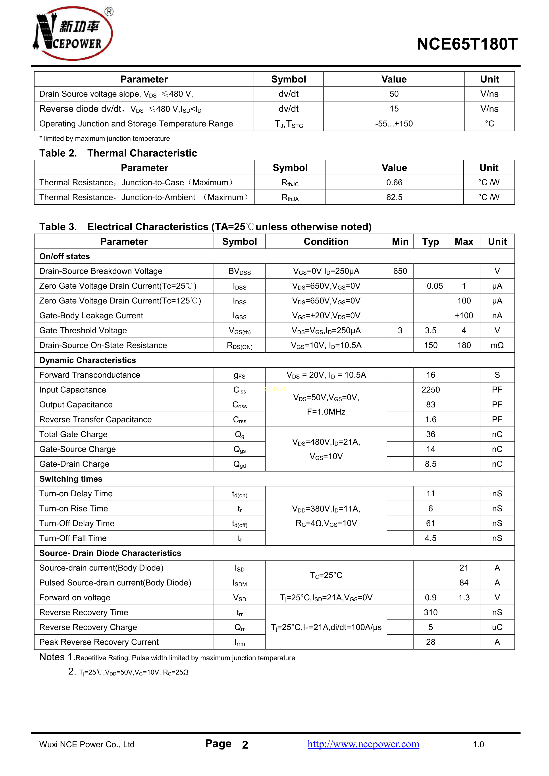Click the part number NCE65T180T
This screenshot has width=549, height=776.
[x=467, y=44]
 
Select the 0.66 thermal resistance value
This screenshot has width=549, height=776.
[x=394, y=182]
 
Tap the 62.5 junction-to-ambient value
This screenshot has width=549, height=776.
[x=394, y=197]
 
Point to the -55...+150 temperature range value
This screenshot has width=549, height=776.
[x=394, y=124]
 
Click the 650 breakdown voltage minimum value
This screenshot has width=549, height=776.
[x=400, y=271]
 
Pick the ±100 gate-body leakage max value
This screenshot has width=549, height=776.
[x=464, y=316]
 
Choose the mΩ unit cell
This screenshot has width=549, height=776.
[x=497, y=345]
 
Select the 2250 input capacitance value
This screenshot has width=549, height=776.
[x=430, y=390]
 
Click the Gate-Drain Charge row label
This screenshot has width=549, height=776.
[x=74, y=464]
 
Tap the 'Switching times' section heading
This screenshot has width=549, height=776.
[x=71, y=479]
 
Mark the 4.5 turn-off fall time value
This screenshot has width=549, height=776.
[x=430, y=538]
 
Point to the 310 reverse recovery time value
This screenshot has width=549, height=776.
[x=430, y=613]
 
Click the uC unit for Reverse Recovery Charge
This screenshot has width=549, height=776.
[x=497, y=627]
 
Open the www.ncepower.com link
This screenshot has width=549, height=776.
[x=363, y=744]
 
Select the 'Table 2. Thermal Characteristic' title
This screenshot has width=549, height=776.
[x=118, y=153]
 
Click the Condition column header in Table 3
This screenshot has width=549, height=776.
[x=326, y=242]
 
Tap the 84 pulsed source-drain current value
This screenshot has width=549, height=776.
[x=464, y=583]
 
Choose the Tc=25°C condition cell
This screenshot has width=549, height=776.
[x=326, y=575]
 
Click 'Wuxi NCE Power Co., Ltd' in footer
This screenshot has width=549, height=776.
[x=87, y=745]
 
